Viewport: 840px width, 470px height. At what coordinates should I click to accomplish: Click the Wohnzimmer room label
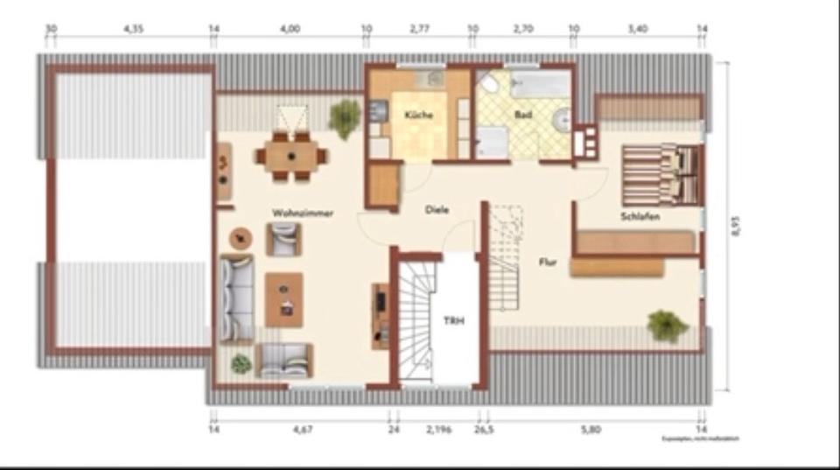303,213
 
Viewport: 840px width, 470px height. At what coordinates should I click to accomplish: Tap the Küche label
419,116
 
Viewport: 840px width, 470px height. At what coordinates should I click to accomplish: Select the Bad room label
523,115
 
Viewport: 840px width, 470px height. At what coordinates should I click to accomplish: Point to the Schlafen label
640,216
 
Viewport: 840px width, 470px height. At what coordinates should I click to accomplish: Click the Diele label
437,210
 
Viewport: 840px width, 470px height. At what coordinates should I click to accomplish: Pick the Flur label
549,261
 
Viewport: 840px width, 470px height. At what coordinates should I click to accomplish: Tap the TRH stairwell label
453,321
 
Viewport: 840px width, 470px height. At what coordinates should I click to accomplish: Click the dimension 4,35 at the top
133,29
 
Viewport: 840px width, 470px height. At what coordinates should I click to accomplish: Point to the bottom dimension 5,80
595,430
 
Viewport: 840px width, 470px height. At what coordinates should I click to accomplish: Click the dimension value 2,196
438,430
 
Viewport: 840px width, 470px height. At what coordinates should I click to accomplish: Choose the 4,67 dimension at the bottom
303,430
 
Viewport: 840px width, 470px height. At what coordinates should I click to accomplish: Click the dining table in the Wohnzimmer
291,157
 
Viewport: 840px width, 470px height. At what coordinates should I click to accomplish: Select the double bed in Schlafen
661,173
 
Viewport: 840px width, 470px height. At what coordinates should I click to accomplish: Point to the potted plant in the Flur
667,326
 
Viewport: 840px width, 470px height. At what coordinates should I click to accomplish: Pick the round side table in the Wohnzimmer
241,237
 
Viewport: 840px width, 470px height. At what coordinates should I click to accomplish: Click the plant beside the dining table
345,117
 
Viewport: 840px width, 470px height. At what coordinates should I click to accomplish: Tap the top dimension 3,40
638,29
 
